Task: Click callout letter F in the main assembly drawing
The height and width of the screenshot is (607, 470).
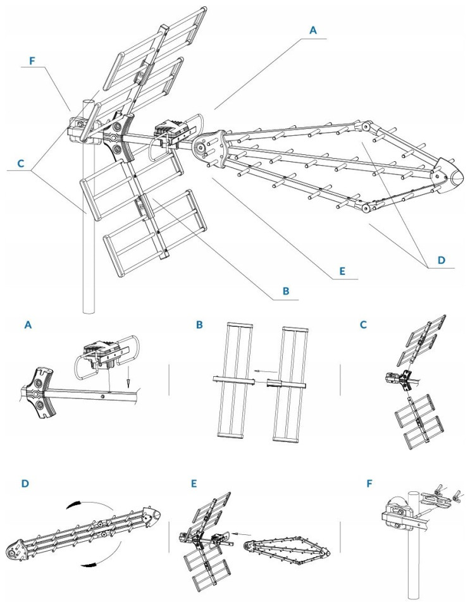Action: click(34, 61)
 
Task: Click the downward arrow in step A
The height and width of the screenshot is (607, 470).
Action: click(128, 382)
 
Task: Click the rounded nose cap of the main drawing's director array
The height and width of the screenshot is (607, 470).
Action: click(445, 175)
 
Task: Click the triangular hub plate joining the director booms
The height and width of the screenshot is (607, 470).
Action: click(211, 147)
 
